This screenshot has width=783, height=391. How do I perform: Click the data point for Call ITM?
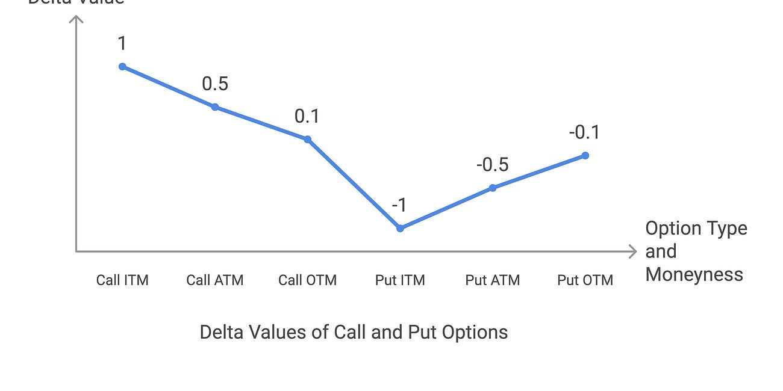tap(122, 66)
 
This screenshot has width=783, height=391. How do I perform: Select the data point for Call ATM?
tap(215, 107)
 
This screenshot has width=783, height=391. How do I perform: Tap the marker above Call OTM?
tap(307, 140)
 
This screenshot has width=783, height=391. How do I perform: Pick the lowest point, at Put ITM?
tap(400, 228)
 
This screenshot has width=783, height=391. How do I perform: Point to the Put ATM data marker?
tap(493, 188)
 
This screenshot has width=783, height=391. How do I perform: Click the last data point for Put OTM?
tap(585, 156)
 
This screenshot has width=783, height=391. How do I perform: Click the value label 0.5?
tap(215, 84)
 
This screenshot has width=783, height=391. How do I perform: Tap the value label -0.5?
tap(492, 165)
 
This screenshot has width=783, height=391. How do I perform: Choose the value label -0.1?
tap(584, 132)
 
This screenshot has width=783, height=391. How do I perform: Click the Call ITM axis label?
tap(122, 280)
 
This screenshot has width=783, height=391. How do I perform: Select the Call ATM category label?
tap(215, 280)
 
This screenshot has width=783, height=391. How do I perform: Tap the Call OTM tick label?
tap(307, 280)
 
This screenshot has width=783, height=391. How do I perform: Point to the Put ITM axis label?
tap(400, 280)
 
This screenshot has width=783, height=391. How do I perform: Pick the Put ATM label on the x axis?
tap(493, 280)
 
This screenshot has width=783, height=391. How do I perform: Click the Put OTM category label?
tap(585, 280)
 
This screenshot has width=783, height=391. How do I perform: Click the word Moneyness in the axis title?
tap(694, 274)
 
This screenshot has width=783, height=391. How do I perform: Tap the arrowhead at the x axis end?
tap(632, 251)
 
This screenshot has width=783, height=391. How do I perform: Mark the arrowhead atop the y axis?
tap(76, 20)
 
